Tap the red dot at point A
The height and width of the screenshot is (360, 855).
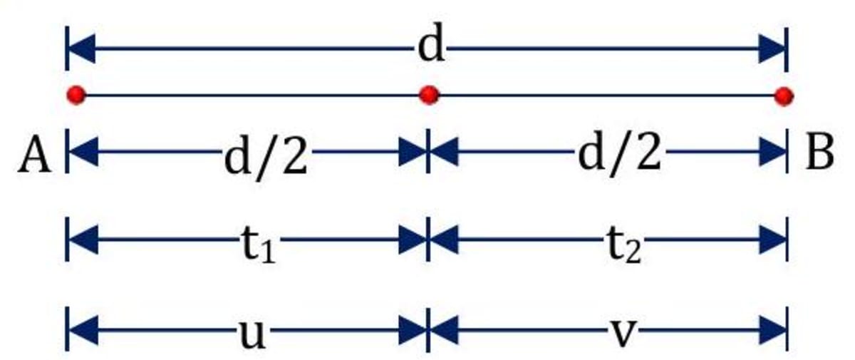76,94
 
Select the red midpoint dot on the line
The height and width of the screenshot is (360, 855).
428,94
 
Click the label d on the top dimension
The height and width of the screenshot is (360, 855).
431,48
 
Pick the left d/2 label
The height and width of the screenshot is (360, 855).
266,156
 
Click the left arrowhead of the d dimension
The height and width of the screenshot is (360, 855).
83,49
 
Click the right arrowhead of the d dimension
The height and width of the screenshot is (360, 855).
771,49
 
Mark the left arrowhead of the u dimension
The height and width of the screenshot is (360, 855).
83,331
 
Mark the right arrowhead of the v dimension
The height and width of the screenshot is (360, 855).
771,331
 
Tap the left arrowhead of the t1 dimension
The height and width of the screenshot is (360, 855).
83,242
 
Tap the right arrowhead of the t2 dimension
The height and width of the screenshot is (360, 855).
771,242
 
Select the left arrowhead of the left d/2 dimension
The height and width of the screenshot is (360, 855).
83,152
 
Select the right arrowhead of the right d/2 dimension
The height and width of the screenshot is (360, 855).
771,152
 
